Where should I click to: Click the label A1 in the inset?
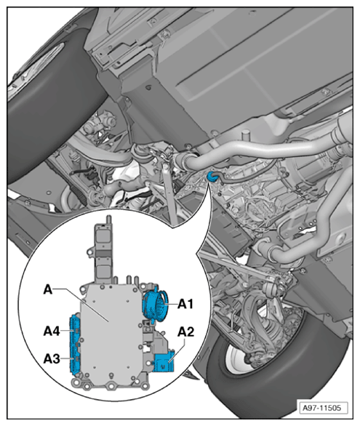tap(185, 304)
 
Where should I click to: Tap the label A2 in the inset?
tap(186, 331)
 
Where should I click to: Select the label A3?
tap(52, 358)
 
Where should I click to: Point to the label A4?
tap(52, 331)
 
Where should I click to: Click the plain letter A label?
tap(48, 289)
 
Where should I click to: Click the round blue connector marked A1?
tap(156, 304)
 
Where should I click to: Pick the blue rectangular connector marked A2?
tap(163, 361)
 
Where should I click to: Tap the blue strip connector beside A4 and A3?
tap(74, 345)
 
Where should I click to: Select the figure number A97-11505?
tap(321, 408)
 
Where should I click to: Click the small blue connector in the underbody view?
tap(211, 177)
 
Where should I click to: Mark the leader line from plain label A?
tap(81, 305)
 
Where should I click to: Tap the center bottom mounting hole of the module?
tap(111, 386)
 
